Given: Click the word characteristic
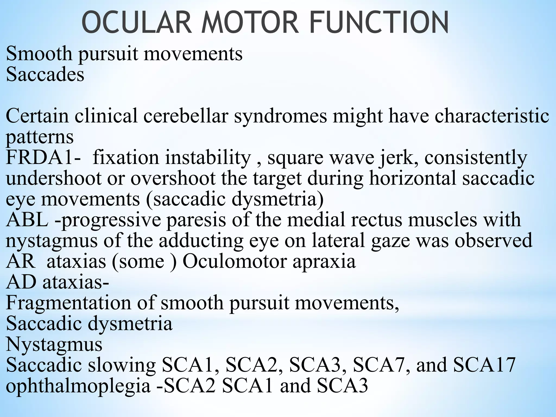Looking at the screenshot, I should pyautogui.click(x=492, y=116).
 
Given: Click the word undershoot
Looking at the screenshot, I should pyautogui.click(x=54, y=178).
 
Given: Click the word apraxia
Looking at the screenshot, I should pyautogui.click(x=324, y=261).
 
